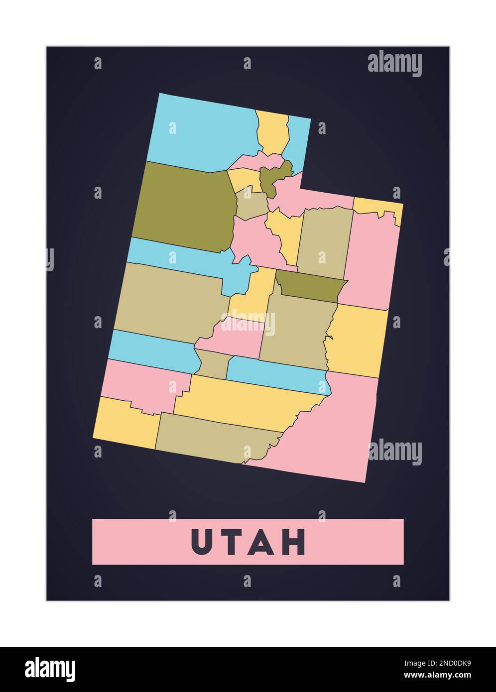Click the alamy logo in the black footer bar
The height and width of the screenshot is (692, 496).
click(x=50, y=669)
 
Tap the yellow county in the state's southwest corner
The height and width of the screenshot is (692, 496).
click(x=127, y=423)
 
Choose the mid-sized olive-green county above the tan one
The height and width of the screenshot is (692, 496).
click(x=311, y=286)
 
